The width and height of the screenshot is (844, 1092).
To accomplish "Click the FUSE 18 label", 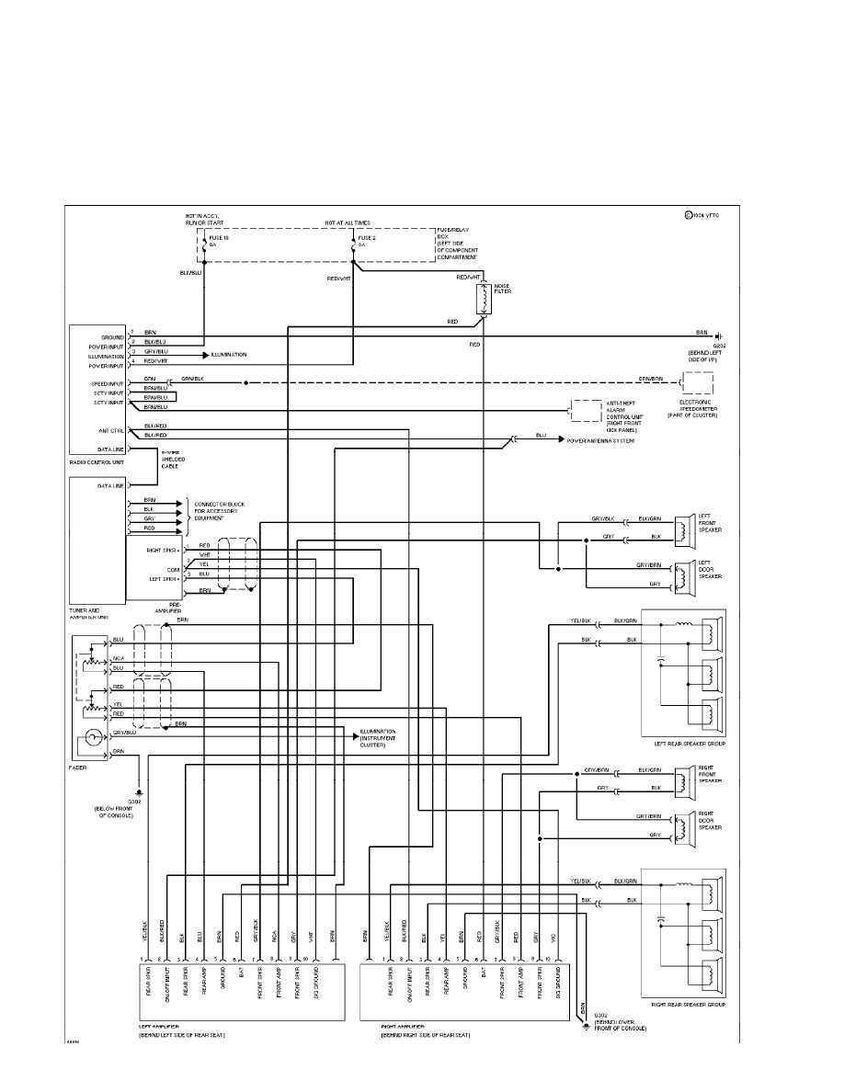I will pyautogui.click(x=219, y=238).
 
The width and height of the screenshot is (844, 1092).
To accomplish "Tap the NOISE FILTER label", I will pyautogui.click(x=502, y=288).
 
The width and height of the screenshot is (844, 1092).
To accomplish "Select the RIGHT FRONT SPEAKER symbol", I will pyautogui.click(x=682, y=780).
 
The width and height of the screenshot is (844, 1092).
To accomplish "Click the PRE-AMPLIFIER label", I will pyautogui.click(x=167, y=608).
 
